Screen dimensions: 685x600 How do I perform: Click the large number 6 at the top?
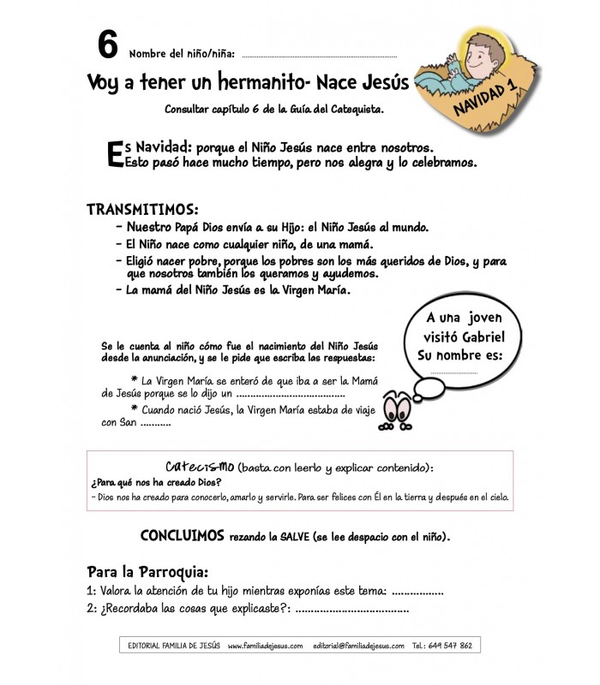point(107,43)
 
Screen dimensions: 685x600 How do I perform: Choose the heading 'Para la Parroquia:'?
point(148,571)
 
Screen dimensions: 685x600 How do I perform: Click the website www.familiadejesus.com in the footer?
point(266,646)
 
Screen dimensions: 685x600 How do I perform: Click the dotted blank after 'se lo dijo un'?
point(290,396)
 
